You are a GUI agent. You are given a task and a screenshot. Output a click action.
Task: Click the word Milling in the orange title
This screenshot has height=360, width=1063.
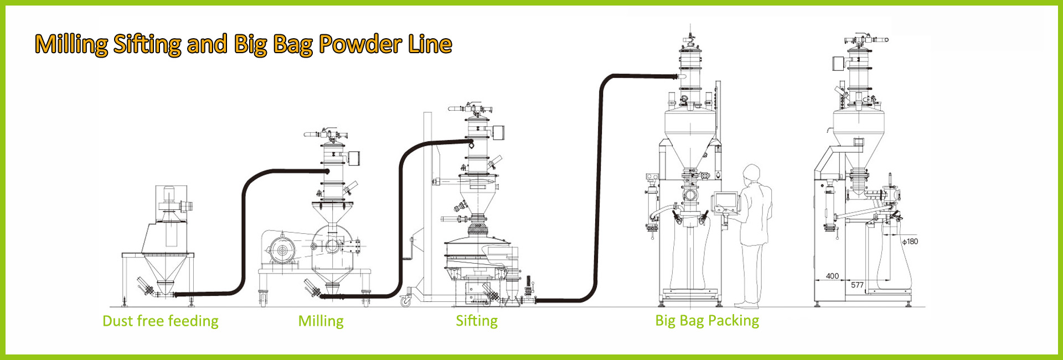pyautogui.click(x=71, y=44)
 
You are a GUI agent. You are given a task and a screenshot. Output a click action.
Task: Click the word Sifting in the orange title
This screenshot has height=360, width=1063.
pyautogui.click(x=147, y=44)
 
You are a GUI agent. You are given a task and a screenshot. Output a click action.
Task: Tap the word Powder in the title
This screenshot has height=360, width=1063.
pyautogui.click(x=359, y=44)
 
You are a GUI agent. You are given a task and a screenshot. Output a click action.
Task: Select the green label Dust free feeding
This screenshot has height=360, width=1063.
pyautogui.click(x=161, y=321)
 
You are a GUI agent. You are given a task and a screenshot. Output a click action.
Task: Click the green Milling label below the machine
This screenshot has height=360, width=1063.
pyautogui.click(x=321, y=321)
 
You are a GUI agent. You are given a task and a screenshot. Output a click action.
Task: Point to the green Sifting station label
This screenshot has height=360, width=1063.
pyautogui.click(x=477, y=321)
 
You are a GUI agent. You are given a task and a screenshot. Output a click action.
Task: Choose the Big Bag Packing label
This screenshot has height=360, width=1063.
pyautogui.click(x=707, y=321)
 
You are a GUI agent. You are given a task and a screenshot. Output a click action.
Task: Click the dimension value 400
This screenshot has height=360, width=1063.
pyautogui.click(x=832, y=276)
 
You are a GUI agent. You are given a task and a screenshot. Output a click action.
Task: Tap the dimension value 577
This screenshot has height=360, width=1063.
pyautogui.click(x=857, y=285)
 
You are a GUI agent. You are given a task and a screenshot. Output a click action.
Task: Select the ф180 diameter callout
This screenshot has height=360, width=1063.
pyautogui.click(x=910, y=241)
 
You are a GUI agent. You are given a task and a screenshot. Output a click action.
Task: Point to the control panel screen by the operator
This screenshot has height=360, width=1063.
pyautogui.click(x=725, y=202)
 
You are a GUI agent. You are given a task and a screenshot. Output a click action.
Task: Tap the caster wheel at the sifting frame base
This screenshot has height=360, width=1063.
pyautogui.click(x=406, y=301)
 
